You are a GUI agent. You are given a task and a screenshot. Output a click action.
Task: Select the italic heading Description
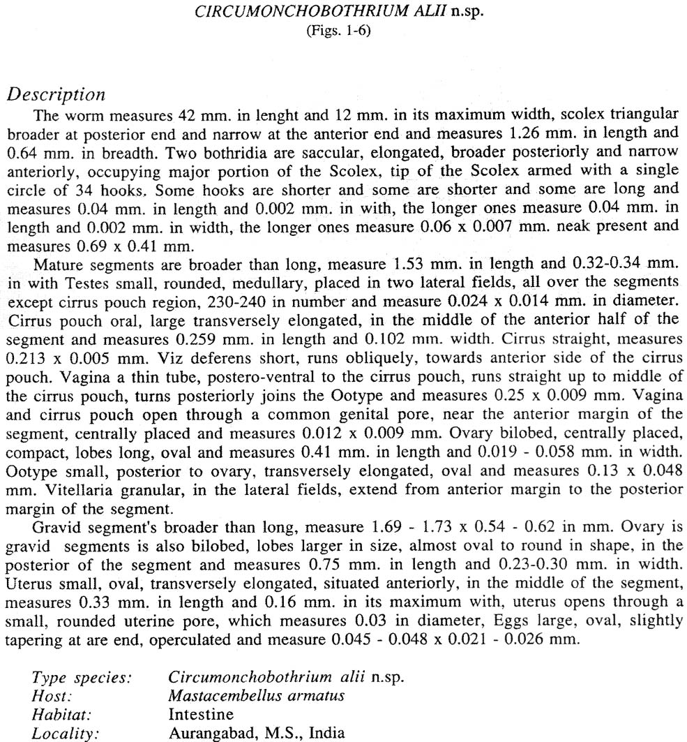pyautogui.click(x=55, y=95)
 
